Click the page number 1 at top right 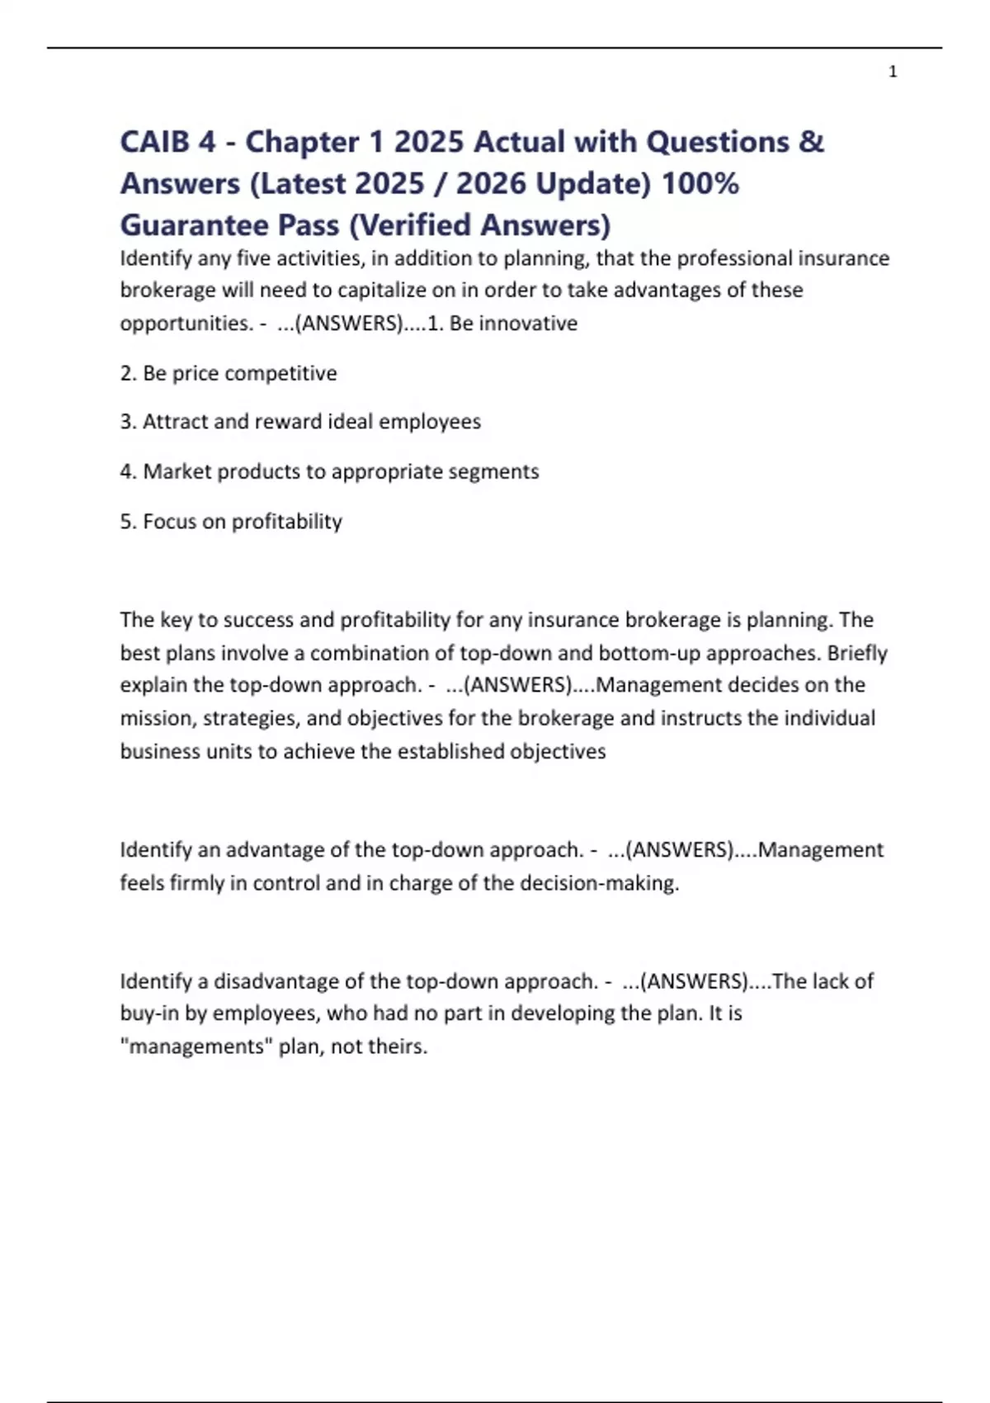point(893,73)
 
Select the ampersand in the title point(811,142)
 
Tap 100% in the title point(700,183)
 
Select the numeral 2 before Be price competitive point(126,373)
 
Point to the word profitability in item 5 point(286,522)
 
